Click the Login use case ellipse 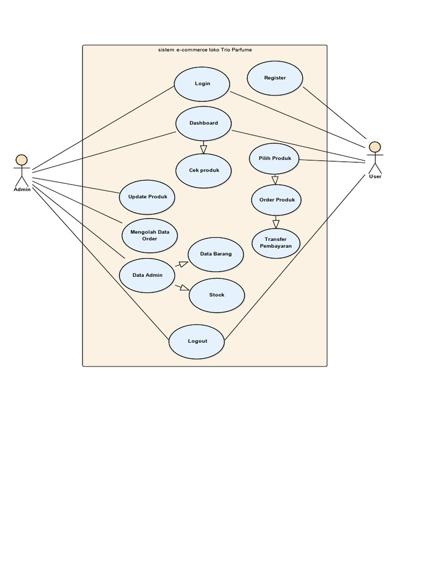(x=202, y=84)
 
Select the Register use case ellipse (x=275, y=78)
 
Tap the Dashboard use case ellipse (x=204, y=123)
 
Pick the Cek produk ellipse (x=204, y=171)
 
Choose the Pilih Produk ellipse (x=274, y=159)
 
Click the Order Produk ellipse (x=277, y=200)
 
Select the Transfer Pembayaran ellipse (x=276, y=243)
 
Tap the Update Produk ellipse (x=147, y=197)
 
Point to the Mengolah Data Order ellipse (x=150, y=235)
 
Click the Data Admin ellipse (x=148, y=275)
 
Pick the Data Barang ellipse (x=216, y=254)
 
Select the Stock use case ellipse (x=217, y=295)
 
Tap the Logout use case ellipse (x=197, y=341)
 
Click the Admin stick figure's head (x=22, y=161)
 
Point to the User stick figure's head (x=375, y=147)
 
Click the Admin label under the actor (x=22, y=189)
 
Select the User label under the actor (x=375, y=177)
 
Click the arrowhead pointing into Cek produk (x=204, y=150)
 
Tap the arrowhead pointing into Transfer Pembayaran (x=276, y=224)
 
